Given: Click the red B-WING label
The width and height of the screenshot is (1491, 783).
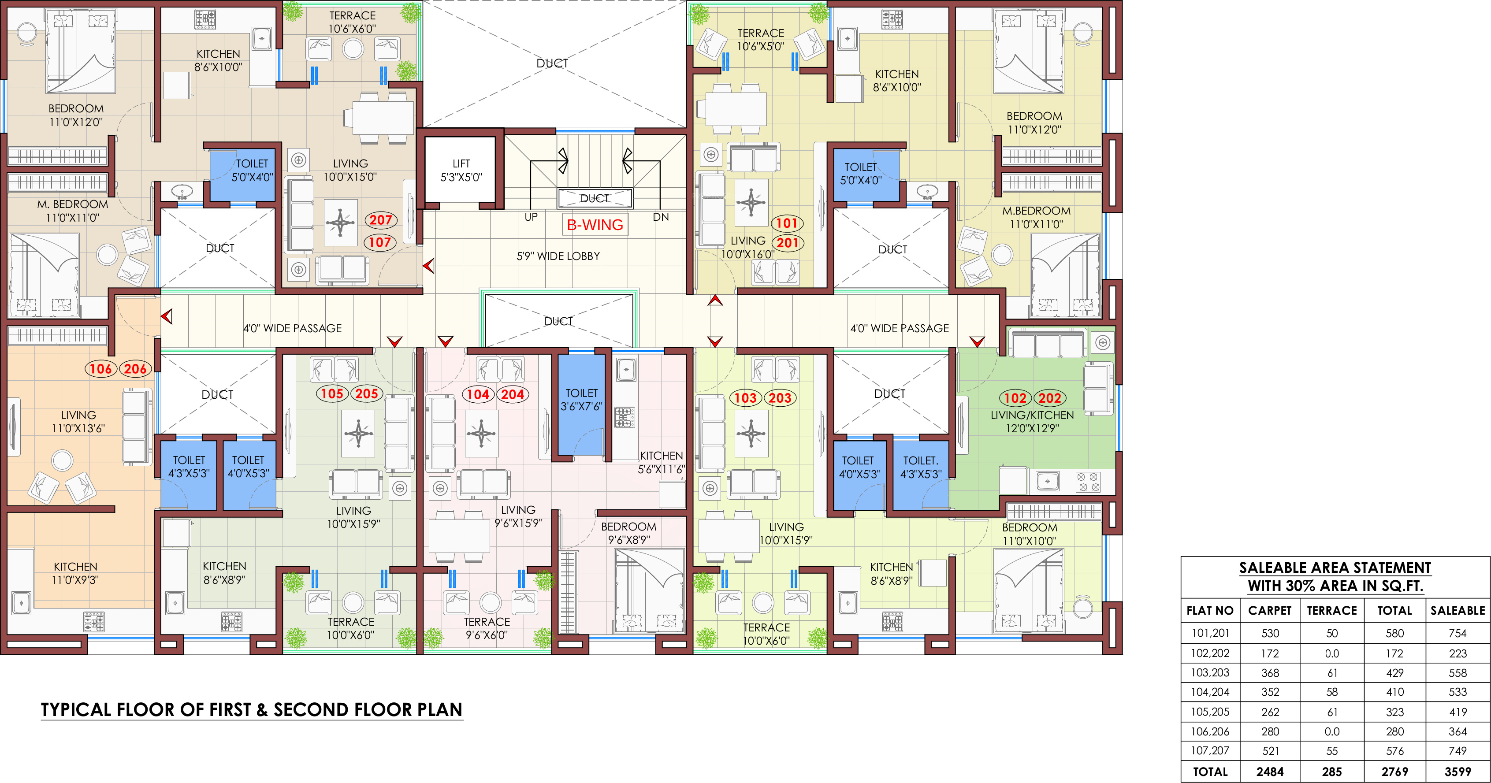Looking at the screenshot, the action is (x=595, y=225).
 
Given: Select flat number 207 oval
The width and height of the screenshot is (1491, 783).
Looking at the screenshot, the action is (x=381, y=220).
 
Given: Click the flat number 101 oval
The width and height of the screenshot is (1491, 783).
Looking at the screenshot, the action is (x=787, y=223).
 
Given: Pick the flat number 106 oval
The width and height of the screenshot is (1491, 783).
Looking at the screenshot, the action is (x=101, y=369).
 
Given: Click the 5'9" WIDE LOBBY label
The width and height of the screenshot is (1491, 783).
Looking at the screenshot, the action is (x=558, y=256).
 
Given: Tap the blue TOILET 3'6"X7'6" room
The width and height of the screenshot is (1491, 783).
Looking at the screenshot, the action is (x=581, y=404).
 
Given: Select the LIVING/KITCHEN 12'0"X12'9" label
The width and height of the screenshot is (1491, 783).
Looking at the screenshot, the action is (x=1032, y=422).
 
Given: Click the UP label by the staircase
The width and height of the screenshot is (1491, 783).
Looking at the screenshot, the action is (x=531, y=217).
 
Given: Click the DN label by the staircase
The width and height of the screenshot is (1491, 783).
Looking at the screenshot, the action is (x=661, y=217).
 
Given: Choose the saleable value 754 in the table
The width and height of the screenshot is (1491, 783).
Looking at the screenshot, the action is (x=1458, y=633).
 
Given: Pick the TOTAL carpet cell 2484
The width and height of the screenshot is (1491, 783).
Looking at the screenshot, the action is (x=1270, y=772).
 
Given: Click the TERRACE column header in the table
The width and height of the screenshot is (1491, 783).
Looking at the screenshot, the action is (x=1332, y=611).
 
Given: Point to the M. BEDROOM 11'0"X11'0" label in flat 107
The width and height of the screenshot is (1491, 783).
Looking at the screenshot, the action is (x=72, y=211).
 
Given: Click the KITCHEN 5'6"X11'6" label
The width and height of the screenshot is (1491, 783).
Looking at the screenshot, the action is (x=661, y=462).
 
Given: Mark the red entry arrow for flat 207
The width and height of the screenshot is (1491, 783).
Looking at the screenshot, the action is (x=428, y=266).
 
